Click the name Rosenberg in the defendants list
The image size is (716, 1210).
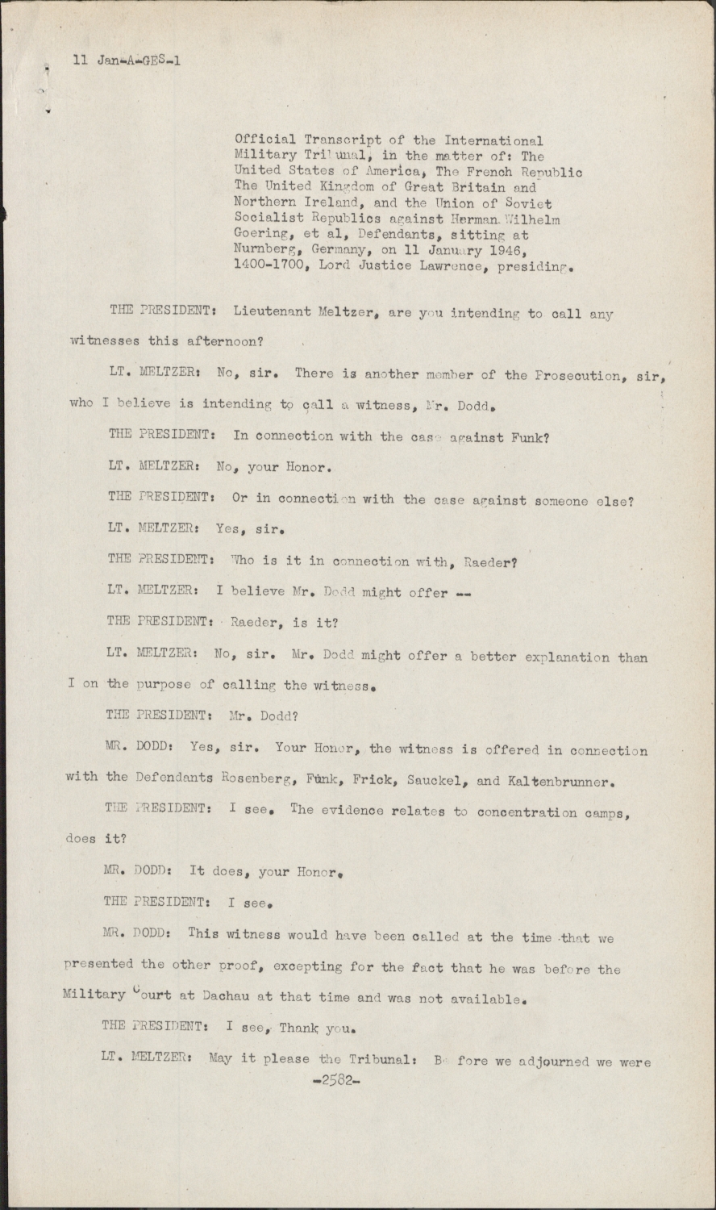tap(256, 780)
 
